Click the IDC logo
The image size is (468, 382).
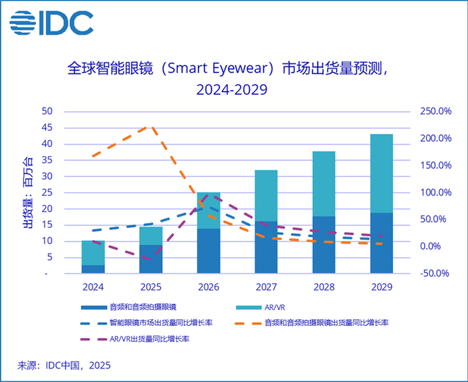pos(51,23)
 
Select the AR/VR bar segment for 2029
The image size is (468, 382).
pos(382,174)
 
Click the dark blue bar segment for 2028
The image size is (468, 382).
pos(324,244)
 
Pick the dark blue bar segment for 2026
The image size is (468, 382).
pos(209,250)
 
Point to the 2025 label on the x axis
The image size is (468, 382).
pos(150,287)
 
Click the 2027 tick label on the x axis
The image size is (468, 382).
pos(266,287)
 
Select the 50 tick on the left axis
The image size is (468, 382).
pos(47,112)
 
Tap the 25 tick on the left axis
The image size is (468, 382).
pos(47,192)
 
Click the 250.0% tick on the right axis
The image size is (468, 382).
pos(435,112)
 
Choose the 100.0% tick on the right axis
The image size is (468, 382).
pos(435,192)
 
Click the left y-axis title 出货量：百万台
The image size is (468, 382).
pos(27,192)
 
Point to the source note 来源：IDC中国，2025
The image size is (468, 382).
pos(64,365)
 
